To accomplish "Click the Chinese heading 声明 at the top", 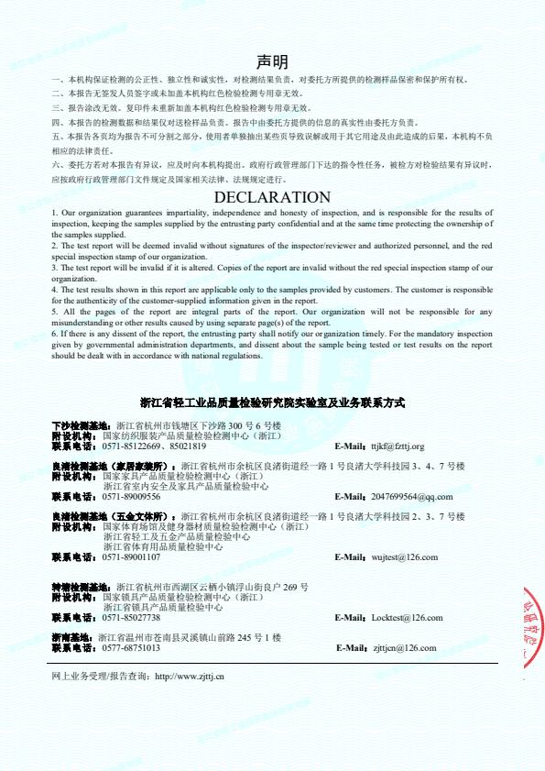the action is click(272, 62).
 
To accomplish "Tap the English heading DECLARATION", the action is click(272, 197).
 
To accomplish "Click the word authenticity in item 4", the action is click(96, 301).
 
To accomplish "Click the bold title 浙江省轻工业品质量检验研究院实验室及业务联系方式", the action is click(272, 402).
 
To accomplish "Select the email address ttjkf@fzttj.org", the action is click(398, 446).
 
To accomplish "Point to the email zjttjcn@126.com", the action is click(404, 647).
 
